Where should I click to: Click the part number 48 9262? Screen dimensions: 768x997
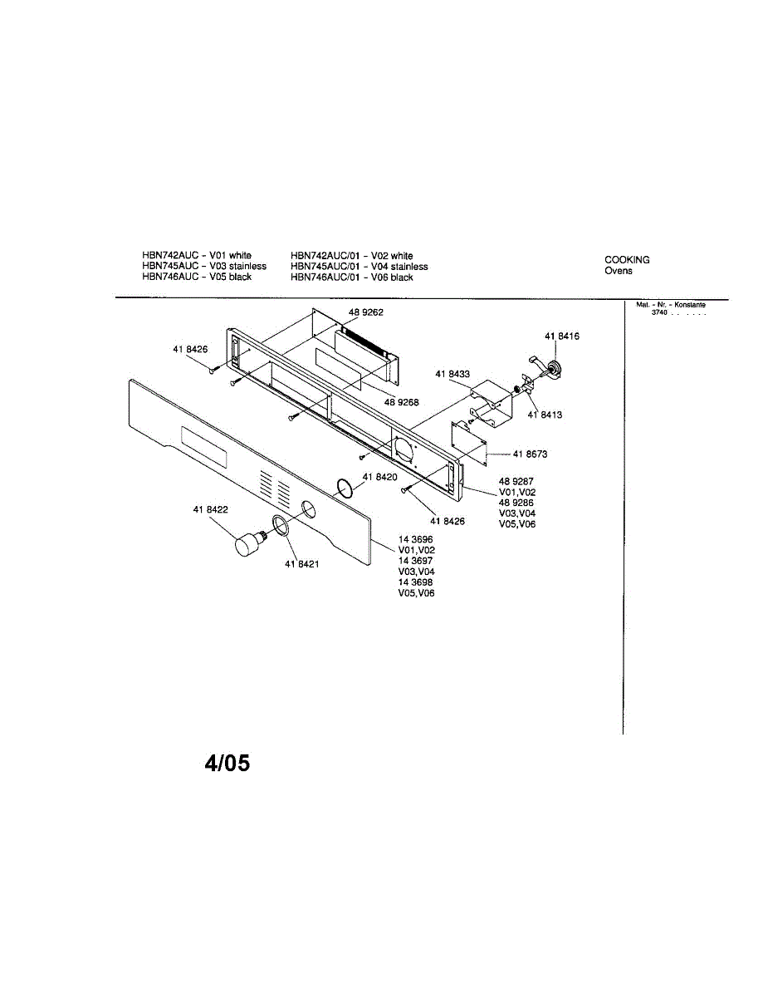(x=365, y=312)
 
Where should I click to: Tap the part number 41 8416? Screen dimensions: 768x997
(x=562, y=336)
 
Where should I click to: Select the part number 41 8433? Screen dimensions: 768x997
(x=452, y=375)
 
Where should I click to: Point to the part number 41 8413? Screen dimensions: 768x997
(x=545, y=414)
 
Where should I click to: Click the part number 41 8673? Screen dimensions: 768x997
(x=530, y=454)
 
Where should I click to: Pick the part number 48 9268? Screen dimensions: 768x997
(x=401, y=402)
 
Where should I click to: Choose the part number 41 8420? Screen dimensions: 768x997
(x=380, y=477)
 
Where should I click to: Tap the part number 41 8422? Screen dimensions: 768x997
(x=211, y=509)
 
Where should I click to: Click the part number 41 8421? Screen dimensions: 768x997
(x=302, y=565)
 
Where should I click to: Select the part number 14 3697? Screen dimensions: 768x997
(x=415, y=561)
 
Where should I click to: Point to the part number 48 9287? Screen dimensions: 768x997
(x=516, y=481)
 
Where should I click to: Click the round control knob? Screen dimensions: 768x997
(x=245, y=546)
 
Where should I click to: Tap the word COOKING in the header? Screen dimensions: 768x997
(x=627, y=260)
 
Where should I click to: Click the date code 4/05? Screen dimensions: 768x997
(x=227, y=763)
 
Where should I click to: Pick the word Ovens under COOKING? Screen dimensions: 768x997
(x=618, y=272)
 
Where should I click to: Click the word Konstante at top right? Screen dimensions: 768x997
(x=691, y=305)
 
